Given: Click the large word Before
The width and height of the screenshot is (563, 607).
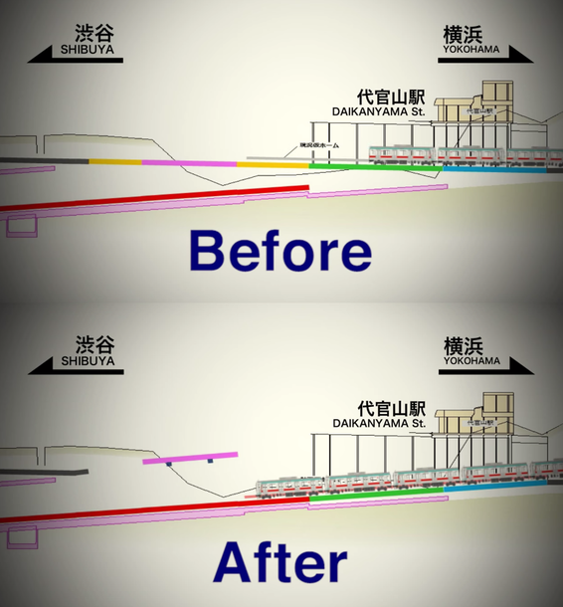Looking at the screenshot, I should click(281, 252).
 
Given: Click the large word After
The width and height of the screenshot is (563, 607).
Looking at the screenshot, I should click(281, 562).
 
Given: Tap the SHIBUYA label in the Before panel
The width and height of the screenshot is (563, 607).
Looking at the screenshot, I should click(88, 48).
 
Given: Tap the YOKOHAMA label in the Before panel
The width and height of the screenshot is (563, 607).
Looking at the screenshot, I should click(472, 48).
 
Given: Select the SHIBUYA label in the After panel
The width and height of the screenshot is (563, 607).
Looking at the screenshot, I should click(88, 361).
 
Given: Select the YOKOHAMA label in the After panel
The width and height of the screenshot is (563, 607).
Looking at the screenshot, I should click(472, 361).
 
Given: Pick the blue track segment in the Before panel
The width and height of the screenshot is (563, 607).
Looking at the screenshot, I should click(492, 170).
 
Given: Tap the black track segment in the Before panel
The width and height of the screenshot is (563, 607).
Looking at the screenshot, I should click(45, 159).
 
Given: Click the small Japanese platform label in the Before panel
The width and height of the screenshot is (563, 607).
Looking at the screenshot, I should click(317, 145).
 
